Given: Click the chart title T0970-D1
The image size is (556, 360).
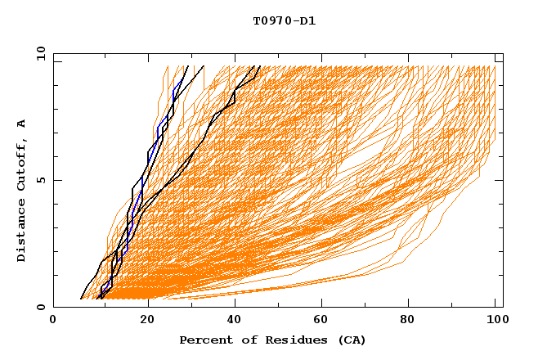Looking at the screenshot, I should (284, 21).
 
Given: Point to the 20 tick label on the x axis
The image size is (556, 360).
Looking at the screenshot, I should (141, 322).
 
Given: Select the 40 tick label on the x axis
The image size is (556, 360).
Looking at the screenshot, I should (231, 322).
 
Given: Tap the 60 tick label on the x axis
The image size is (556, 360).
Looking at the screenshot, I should (319, 322).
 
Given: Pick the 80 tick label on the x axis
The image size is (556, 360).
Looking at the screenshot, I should (407, 322).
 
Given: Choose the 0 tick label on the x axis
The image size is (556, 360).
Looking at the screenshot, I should (53, 322).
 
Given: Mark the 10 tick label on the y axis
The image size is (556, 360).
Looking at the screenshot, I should (40, 53).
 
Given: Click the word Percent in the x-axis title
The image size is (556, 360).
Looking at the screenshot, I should (202, 340).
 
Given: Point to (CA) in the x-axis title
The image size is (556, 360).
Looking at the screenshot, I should (352, 340).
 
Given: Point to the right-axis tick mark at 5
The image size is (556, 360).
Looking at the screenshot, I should (499, 180).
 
